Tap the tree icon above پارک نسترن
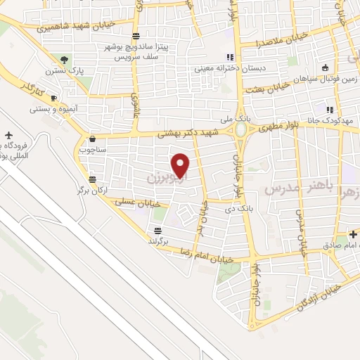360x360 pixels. tap(64, 60)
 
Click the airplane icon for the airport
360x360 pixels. tap(8, 134)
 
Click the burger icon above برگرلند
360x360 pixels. tap(159, 230)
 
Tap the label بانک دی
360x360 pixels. tap(238, 210)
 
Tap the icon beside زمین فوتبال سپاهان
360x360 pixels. tap(325, 68)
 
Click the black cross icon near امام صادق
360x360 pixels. tap(354, 233)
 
